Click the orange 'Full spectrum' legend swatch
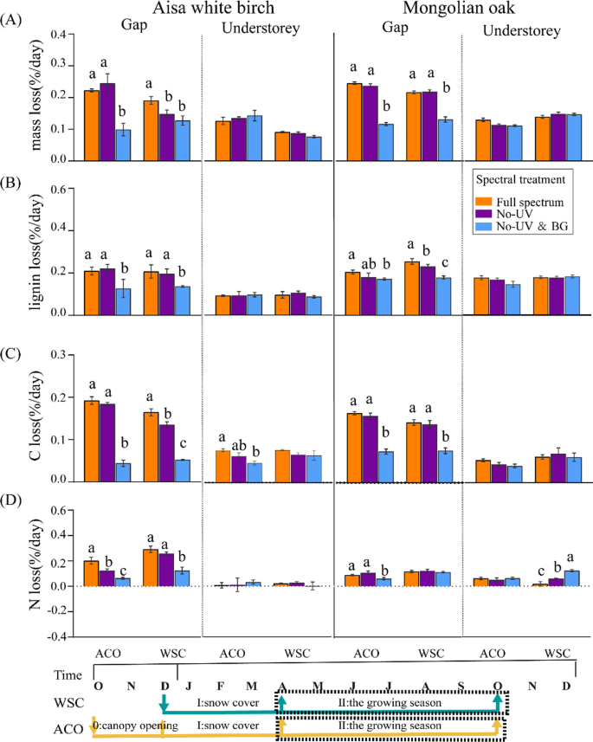tap(486, 202)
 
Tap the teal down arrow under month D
tap(164, 700)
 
